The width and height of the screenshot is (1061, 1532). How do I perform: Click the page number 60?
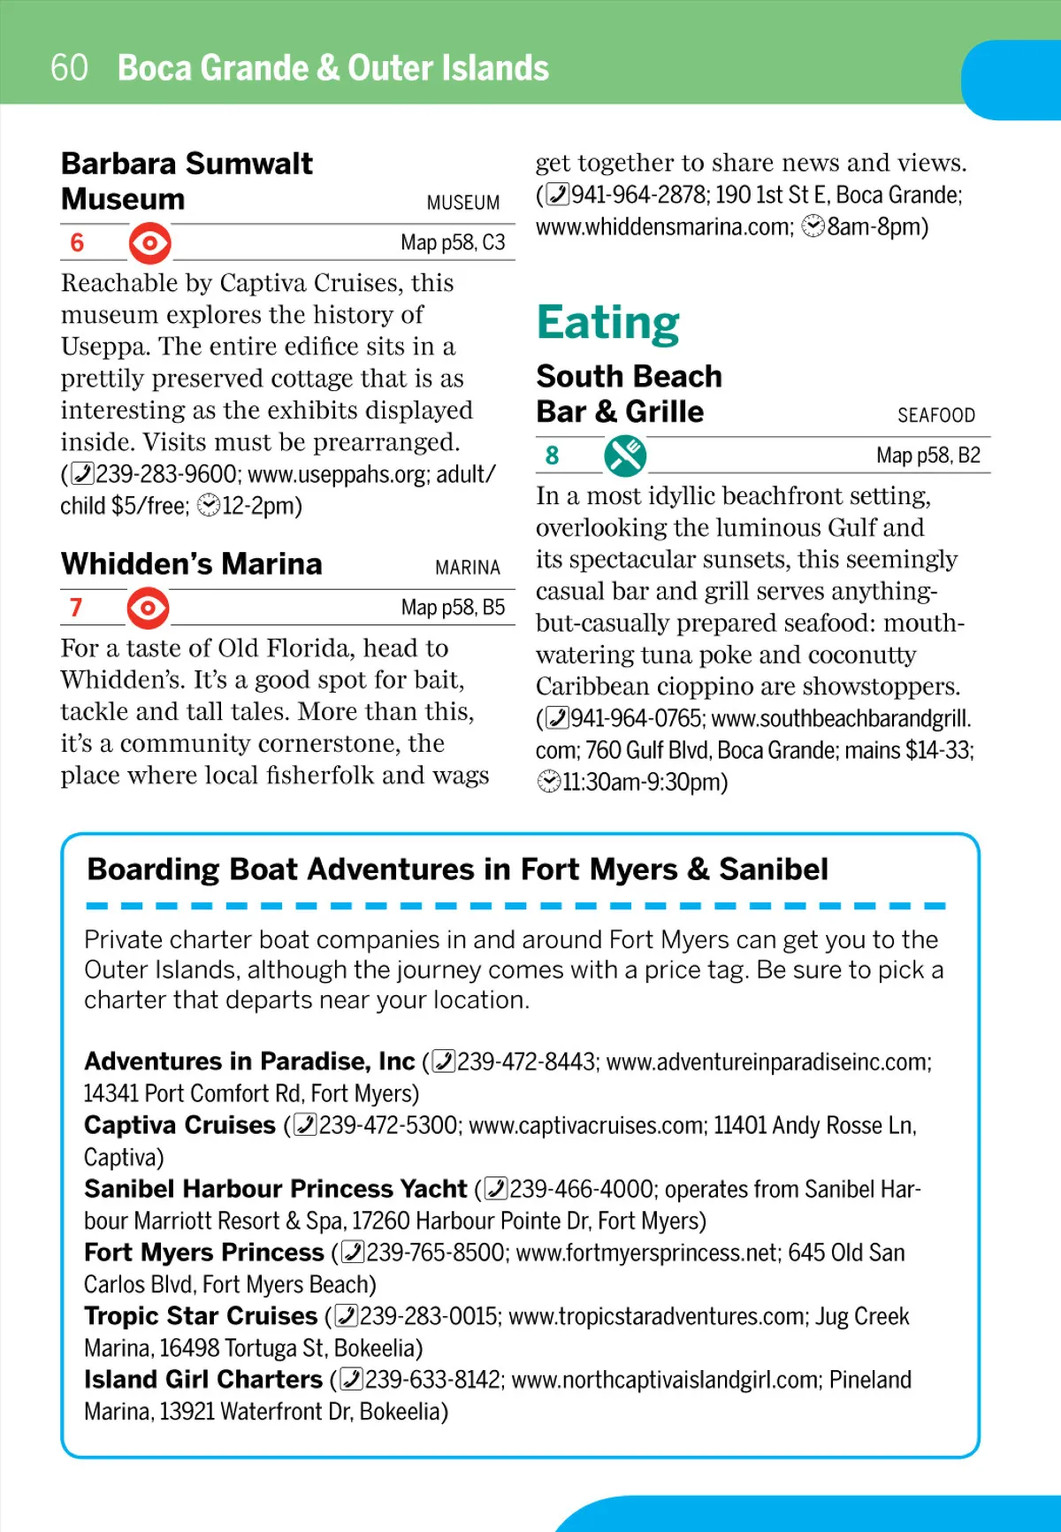[x=69, y=68]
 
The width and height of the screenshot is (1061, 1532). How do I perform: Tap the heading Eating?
[x=608, y=323]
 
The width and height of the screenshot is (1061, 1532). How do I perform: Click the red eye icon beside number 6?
[x=150, y=242]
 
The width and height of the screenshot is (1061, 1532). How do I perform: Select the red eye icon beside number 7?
[x=148, y=608]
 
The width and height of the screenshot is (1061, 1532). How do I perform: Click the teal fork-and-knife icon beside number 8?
[x=625, y=456]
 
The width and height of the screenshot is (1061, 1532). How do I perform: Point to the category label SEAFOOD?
[x=935, y=415]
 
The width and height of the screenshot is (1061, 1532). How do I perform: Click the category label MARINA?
[x=467, y=567]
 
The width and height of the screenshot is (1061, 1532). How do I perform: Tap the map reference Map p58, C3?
[x=453, y=242]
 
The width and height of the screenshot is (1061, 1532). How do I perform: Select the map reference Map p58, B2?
[x=928, y=456]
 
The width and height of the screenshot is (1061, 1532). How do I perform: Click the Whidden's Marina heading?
[x=192, y=564]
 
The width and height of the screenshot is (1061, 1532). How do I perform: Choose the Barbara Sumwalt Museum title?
[x=187, y=181]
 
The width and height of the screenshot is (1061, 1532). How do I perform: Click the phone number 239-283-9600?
[x=166, y=474]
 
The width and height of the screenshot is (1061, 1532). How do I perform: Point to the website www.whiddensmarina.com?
[x=664, y=227]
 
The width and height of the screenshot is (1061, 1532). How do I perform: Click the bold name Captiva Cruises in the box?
[x=180, y=1125]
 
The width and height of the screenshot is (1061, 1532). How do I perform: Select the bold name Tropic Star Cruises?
[x=201, y=1316]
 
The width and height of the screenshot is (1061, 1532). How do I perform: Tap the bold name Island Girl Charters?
[x=203, y=1380]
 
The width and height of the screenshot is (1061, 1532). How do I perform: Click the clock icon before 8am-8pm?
[x=813, y=227]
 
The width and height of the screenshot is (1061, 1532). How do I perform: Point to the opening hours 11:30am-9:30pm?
[x=645, y=783]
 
